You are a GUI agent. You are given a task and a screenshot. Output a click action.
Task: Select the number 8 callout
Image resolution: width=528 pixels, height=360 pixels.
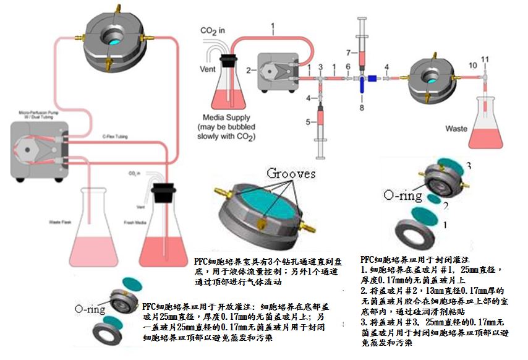362,109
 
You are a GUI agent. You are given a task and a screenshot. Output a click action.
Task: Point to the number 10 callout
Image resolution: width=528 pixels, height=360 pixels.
472,65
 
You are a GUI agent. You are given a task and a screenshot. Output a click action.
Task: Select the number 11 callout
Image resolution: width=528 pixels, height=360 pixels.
485,59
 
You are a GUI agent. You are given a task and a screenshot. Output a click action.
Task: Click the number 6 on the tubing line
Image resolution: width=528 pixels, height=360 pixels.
348,66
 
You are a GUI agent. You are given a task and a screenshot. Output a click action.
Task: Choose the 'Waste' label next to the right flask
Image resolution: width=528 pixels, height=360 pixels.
456,129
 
